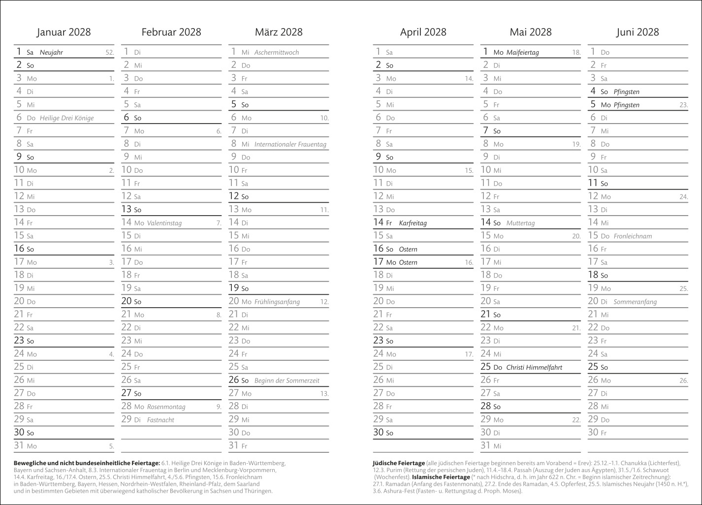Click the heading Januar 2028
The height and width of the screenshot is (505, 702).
[x=64, y=32]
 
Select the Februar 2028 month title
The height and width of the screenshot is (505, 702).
[x=171, y=32]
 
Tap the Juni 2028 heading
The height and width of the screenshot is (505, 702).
[x=638, y=32]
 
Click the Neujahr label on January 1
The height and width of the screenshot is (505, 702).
[x=51, y=52]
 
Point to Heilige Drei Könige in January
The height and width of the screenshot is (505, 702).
[x=66, y=118]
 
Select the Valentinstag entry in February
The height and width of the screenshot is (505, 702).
[x=164, y=223]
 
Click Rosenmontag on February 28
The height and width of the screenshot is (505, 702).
[x=166, y=407]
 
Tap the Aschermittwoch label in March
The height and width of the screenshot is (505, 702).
[x=277, y=52]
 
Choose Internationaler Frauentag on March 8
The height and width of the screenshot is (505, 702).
[x=290, y=144]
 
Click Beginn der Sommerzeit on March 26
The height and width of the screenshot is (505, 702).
[x=287, y=380]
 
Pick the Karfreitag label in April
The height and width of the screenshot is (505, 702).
[x=413, y=223]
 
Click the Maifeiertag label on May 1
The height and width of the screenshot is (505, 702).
[x=522, y=52]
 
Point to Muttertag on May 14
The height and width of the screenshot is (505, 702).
[x=520, y=223]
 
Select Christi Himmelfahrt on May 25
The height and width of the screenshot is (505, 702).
[x=534, y=367]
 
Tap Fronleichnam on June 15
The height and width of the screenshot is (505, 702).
[x=633, y=236]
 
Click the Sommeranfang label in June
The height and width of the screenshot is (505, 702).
[x=635, y=302]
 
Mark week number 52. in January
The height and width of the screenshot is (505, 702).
[x=109, y=53]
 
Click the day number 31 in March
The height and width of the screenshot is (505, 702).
[x=234, y=445]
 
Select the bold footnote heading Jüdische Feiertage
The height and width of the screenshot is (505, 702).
[x=399, y=463]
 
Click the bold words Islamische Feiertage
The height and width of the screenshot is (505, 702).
[x=441, y=477]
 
